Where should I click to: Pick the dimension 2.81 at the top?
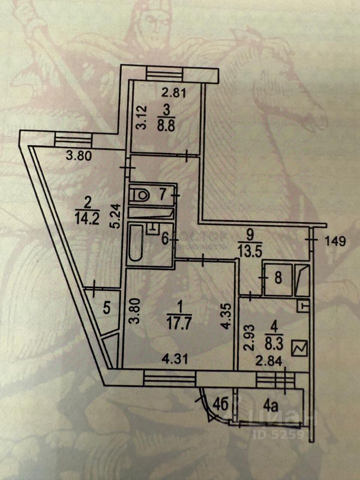point(168,91)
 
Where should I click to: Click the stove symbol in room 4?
point(302,346)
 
